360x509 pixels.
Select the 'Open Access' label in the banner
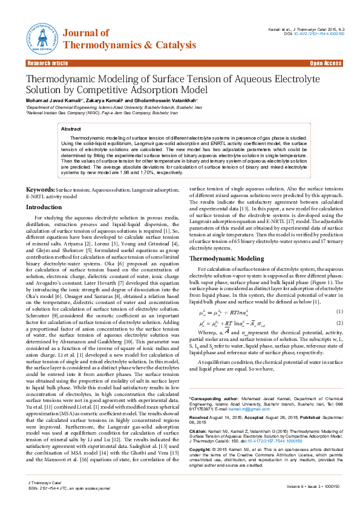[x=326, y=63]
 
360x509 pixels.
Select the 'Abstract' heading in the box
[x=71, y=129]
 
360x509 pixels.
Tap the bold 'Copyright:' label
[x=202, y=450]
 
